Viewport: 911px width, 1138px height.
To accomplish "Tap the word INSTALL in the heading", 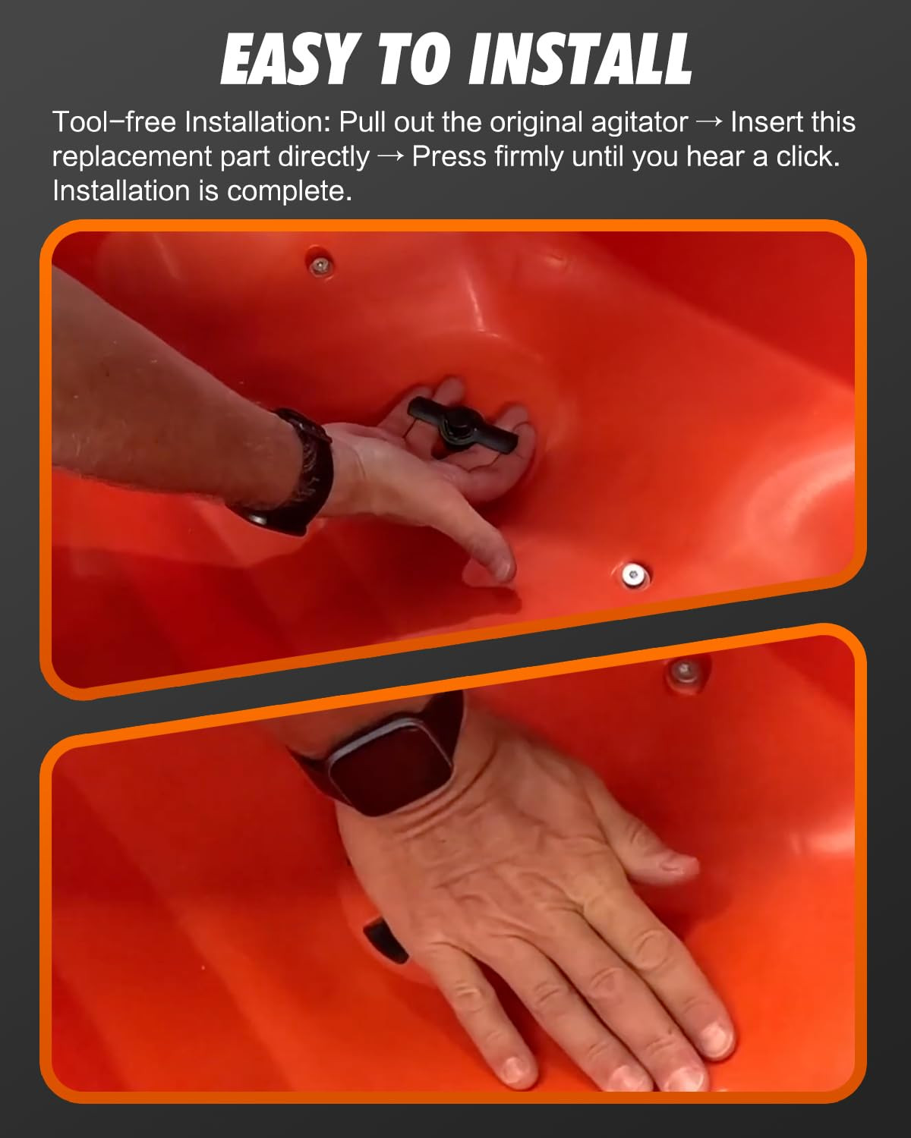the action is pyautogui.click(x=580, y=58).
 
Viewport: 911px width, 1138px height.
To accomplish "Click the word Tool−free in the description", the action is pyautogui.click(x=114, y=122).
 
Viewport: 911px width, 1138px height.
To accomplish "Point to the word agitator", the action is pyautogui.click(x=639, y=123).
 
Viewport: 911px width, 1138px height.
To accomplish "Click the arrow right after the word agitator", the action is pyautogui.click(x=709, y=122).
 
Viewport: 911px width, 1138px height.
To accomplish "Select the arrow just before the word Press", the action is pyautogui.click(x=391, y=157).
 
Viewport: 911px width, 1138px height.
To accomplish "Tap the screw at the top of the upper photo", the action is pyautogui.click(x=320, y=265).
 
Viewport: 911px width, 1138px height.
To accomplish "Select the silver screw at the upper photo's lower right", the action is pyautogui.click(x=632, y=574).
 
